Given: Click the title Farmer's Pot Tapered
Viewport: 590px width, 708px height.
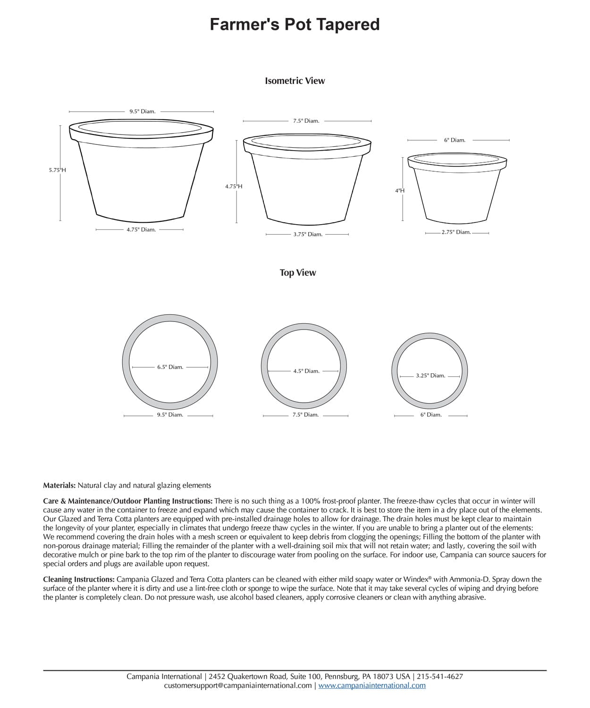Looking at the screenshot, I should click(295, 25).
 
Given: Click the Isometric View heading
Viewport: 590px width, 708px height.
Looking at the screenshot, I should click(295, 81).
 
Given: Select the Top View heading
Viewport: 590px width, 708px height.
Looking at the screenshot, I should click(298, 273).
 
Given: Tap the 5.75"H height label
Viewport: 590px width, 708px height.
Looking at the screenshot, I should click(57, 170).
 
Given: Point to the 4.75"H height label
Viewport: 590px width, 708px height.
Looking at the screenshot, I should click(234, 186).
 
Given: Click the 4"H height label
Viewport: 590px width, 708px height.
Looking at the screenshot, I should click(400, 191).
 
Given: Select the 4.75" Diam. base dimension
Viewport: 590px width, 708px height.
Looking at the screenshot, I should click(141, 230).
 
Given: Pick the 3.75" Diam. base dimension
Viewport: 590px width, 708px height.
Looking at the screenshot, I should click(308, 235).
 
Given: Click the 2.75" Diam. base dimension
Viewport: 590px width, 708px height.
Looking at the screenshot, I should click(456, 232).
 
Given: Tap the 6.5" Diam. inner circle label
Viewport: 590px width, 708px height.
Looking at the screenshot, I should click(170, 367).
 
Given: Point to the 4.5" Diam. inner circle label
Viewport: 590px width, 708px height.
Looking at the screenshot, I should click(306, 371).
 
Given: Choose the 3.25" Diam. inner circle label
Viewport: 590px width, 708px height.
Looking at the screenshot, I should click(430, 376).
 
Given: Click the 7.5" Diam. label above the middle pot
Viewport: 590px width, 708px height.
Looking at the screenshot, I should click(306, 121).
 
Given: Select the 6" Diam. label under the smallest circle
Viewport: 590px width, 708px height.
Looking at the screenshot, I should click(431, 415).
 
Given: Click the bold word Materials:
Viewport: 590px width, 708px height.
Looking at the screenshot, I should click(59, 485).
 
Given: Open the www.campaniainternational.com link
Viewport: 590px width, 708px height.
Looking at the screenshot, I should click(372, 685).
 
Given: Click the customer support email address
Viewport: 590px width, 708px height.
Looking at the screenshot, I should click(238, 685).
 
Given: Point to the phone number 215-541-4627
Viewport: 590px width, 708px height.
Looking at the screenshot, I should click(440, 676).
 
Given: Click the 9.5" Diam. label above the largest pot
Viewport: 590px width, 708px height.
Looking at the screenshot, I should click(142, 112).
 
